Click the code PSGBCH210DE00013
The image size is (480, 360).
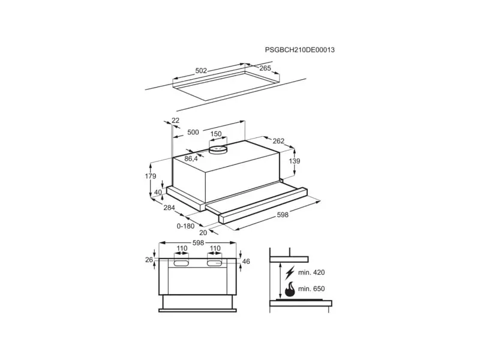coord(299,50)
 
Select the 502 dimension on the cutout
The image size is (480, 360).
coord(201,71)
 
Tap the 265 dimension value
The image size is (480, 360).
coord(265,68)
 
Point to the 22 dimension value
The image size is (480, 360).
coord(175,121)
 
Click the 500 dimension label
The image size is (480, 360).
coord(193,132)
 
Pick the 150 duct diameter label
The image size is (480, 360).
coord(216,134)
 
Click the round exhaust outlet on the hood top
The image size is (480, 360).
coord(218,149)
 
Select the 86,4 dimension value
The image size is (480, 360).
coord(191,158)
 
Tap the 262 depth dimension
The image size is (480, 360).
coord(278,141)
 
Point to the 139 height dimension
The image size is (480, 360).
coord(295,161)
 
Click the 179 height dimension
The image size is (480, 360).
coord(151,176)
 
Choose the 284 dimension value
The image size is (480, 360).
coord(169,208)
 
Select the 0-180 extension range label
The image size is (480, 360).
coord(185,226)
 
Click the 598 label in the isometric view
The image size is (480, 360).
coord(283,215)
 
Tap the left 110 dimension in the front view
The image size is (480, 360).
coord(182,248)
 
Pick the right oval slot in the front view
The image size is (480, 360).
coord(215,263)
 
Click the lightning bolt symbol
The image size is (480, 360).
coord(289,273)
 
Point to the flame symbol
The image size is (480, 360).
coord(290,289)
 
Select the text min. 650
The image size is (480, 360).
coord(311,289)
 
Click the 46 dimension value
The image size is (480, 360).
coord(246,262)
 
